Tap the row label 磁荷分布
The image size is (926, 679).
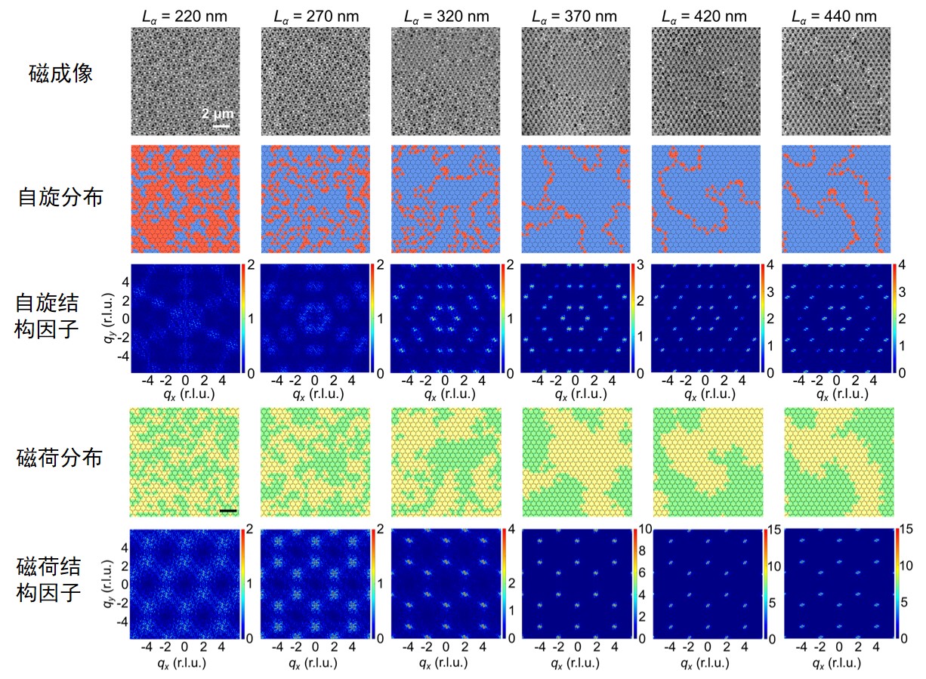[60, 458]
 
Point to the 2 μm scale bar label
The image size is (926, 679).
[218, 114]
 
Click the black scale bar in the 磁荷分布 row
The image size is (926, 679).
[228, 511]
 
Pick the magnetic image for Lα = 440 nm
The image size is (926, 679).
[836, 80]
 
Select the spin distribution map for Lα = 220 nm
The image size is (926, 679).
[185, 199]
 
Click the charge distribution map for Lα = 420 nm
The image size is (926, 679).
[707, 461]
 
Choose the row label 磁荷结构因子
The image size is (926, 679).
[49, 580]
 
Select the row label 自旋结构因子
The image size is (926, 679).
[49, 316]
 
